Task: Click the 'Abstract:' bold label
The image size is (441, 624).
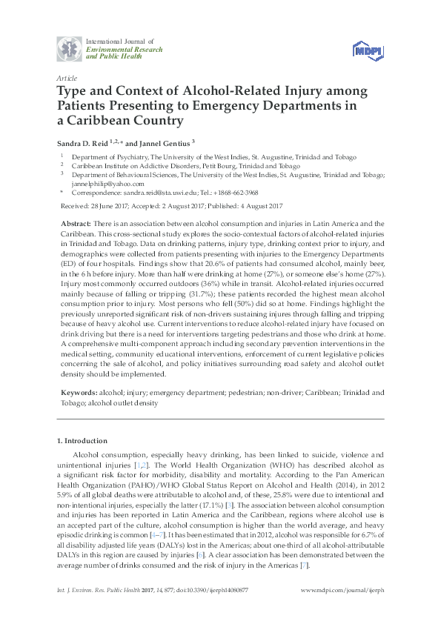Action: [77, 223]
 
